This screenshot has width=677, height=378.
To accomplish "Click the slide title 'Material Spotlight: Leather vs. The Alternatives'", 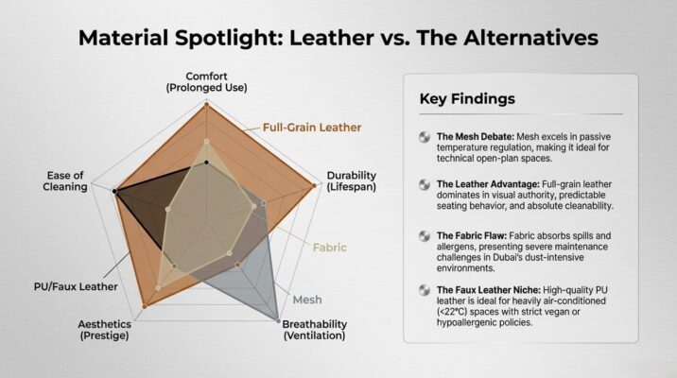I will point(338,39).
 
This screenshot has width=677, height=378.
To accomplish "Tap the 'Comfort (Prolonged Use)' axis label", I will point(206,81).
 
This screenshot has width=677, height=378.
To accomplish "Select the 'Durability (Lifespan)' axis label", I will point(352,181).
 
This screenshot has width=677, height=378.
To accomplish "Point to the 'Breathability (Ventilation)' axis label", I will point(315,330).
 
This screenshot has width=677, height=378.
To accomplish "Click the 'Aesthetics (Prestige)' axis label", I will point(104,330).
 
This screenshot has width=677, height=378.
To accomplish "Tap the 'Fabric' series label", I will point(330,248).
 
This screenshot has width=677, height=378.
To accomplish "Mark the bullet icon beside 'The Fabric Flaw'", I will point(425,234).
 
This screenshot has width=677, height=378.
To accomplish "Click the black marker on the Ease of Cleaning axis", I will point(114,192).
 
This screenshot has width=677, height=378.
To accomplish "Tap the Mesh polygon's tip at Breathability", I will point(279,319).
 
